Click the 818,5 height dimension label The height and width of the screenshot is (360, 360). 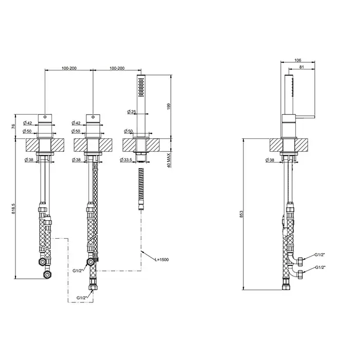[13, 209]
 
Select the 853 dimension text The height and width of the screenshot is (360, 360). [241, 214]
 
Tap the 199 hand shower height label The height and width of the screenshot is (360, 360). [169, 106]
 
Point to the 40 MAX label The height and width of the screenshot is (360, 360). [169, 160]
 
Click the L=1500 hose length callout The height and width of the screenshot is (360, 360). [162, 259]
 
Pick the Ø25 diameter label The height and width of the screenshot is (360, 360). [132, 112]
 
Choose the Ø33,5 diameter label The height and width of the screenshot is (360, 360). [126, 159]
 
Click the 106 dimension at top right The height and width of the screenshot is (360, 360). [298, 60]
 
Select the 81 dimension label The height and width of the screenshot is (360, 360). [302, 67]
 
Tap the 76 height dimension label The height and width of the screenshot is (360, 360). [13, 126]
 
